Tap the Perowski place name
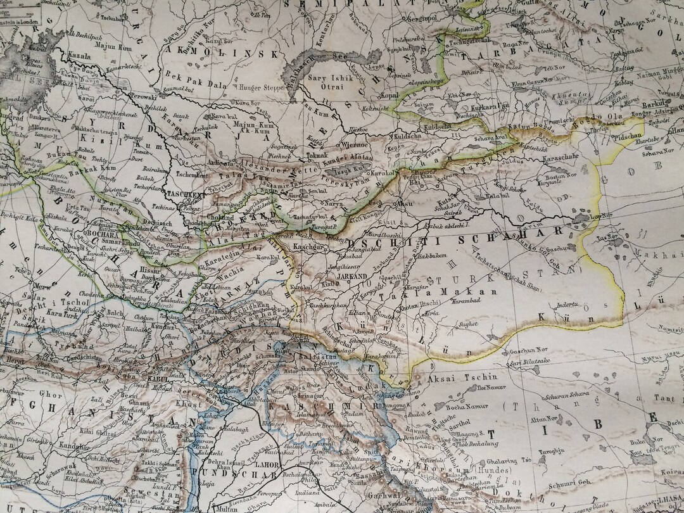tap(142, 96)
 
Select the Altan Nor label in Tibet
tap(545, 419)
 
